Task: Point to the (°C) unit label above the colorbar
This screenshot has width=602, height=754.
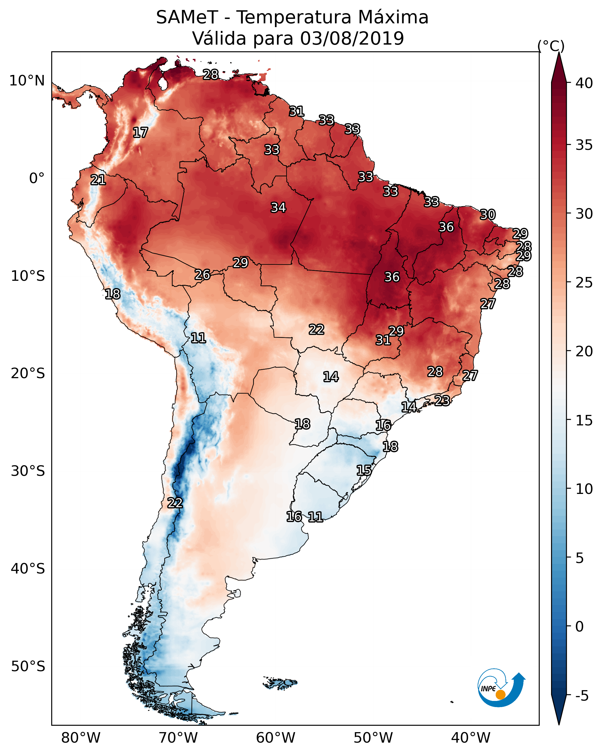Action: point(551,46)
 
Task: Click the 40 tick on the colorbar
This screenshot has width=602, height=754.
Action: point(584,83)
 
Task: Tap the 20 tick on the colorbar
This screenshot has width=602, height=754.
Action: point(584,351)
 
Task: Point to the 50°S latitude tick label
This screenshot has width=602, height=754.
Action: point(28,667)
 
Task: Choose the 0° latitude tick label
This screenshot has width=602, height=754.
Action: point(37,178)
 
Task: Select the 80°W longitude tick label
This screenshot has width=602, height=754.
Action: point(81,738)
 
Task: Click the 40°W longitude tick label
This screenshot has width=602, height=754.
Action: point(471,738)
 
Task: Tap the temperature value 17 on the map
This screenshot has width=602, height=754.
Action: point(140,133)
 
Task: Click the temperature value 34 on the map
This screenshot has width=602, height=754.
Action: point(278,208)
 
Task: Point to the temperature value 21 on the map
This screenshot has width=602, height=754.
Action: point(98,180)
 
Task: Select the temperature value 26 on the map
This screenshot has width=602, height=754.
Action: point(202,275)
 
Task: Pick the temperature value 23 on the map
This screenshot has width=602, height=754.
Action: point(442,400)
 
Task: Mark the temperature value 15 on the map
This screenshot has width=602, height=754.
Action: point(364,470)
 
